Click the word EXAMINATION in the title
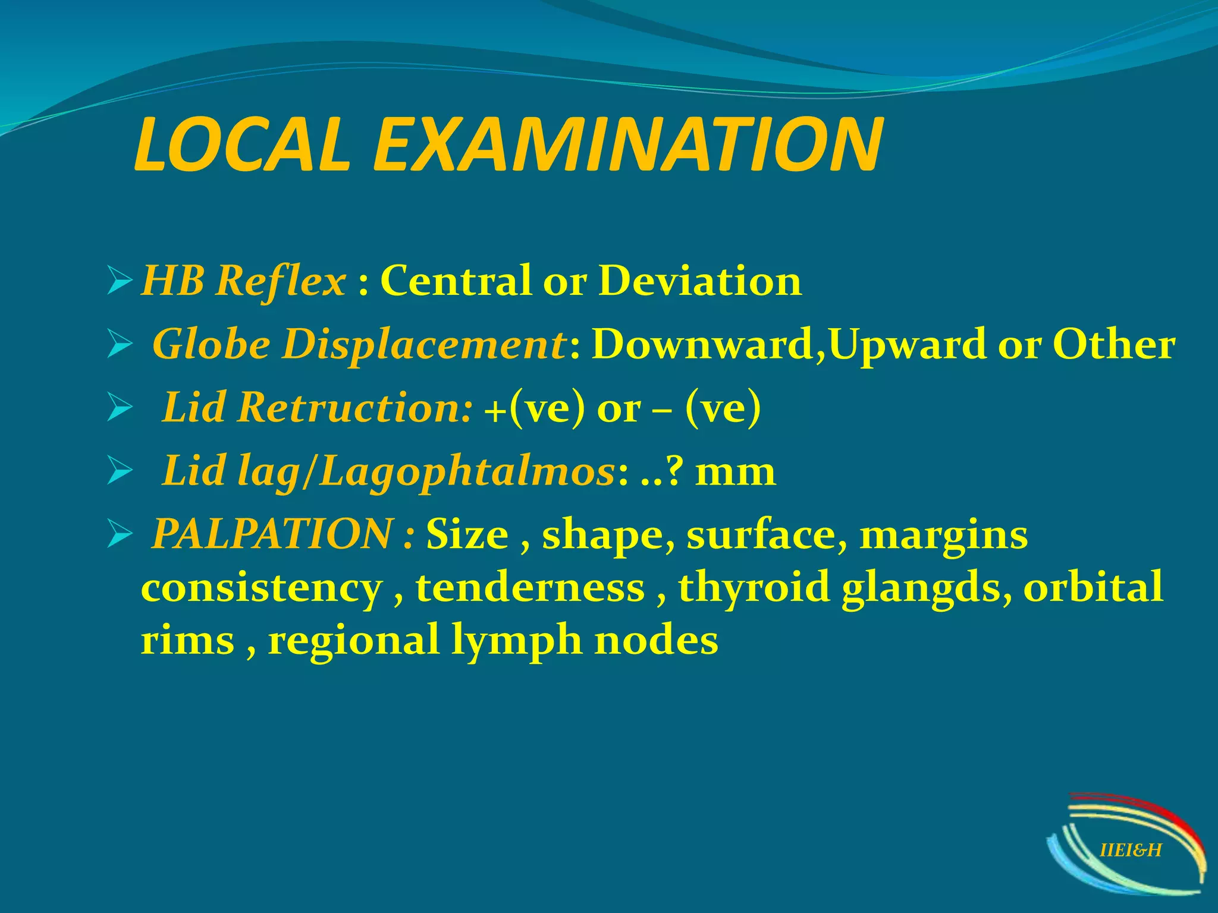click(x=627, y=146)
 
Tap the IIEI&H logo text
click(x=1131, y=851)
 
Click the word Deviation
click(x=700, y=281)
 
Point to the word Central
click(x=455, y=281)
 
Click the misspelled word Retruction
click(x=354, y=408)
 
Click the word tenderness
click(x=530, y=587)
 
